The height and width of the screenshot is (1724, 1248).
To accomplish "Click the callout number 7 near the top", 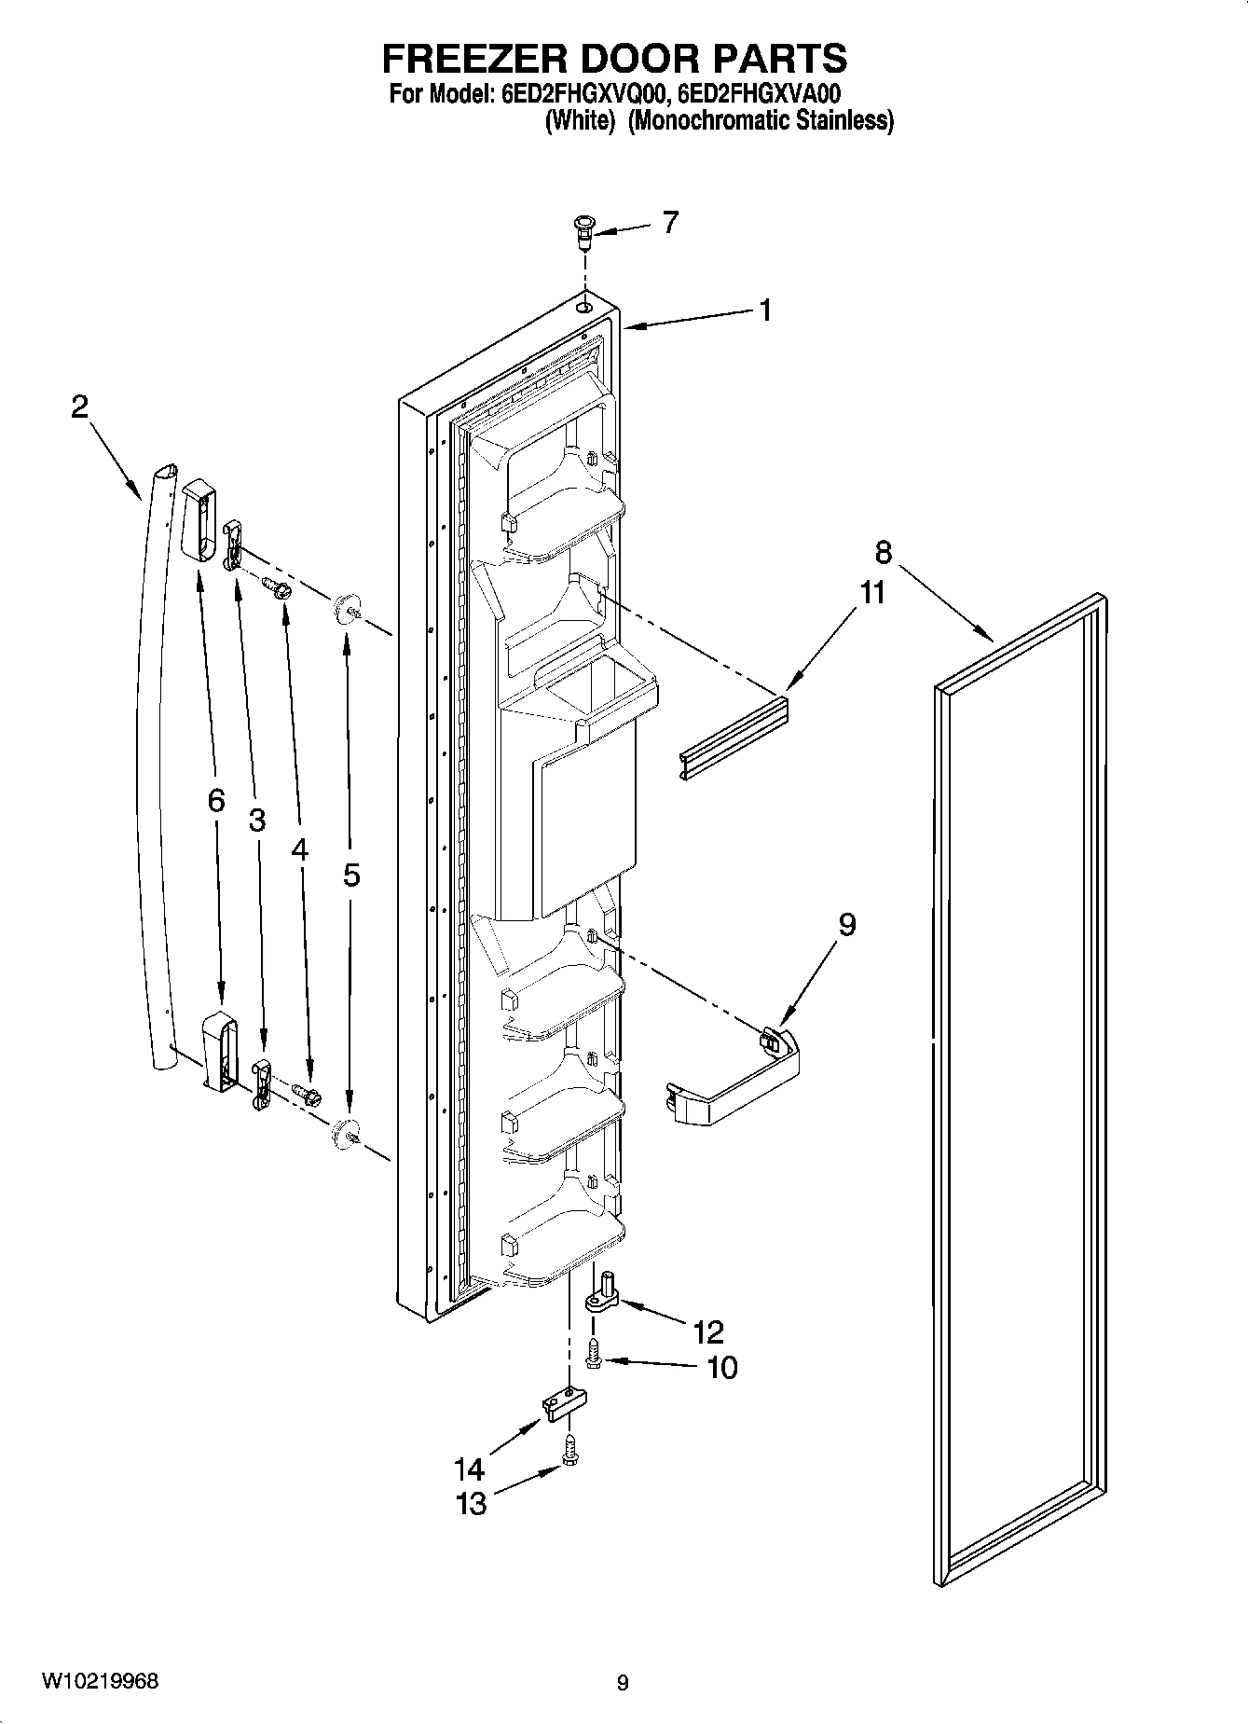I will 670,223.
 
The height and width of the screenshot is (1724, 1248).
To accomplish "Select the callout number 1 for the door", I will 764,310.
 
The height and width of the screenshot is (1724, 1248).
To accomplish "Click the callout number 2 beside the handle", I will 80,407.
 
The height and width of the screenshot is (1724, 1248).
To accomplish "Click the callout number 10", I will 721,1368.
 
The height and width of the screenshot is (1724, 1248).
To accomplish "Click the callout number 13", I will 472,1504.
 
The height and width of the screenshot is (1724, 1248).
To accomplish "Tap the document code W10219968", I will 100,1682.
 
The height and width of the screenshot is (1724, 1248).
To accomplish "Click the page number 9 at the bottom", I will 623,1683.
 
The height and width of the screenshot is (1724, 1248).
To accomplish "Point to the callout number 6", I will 216,800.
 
